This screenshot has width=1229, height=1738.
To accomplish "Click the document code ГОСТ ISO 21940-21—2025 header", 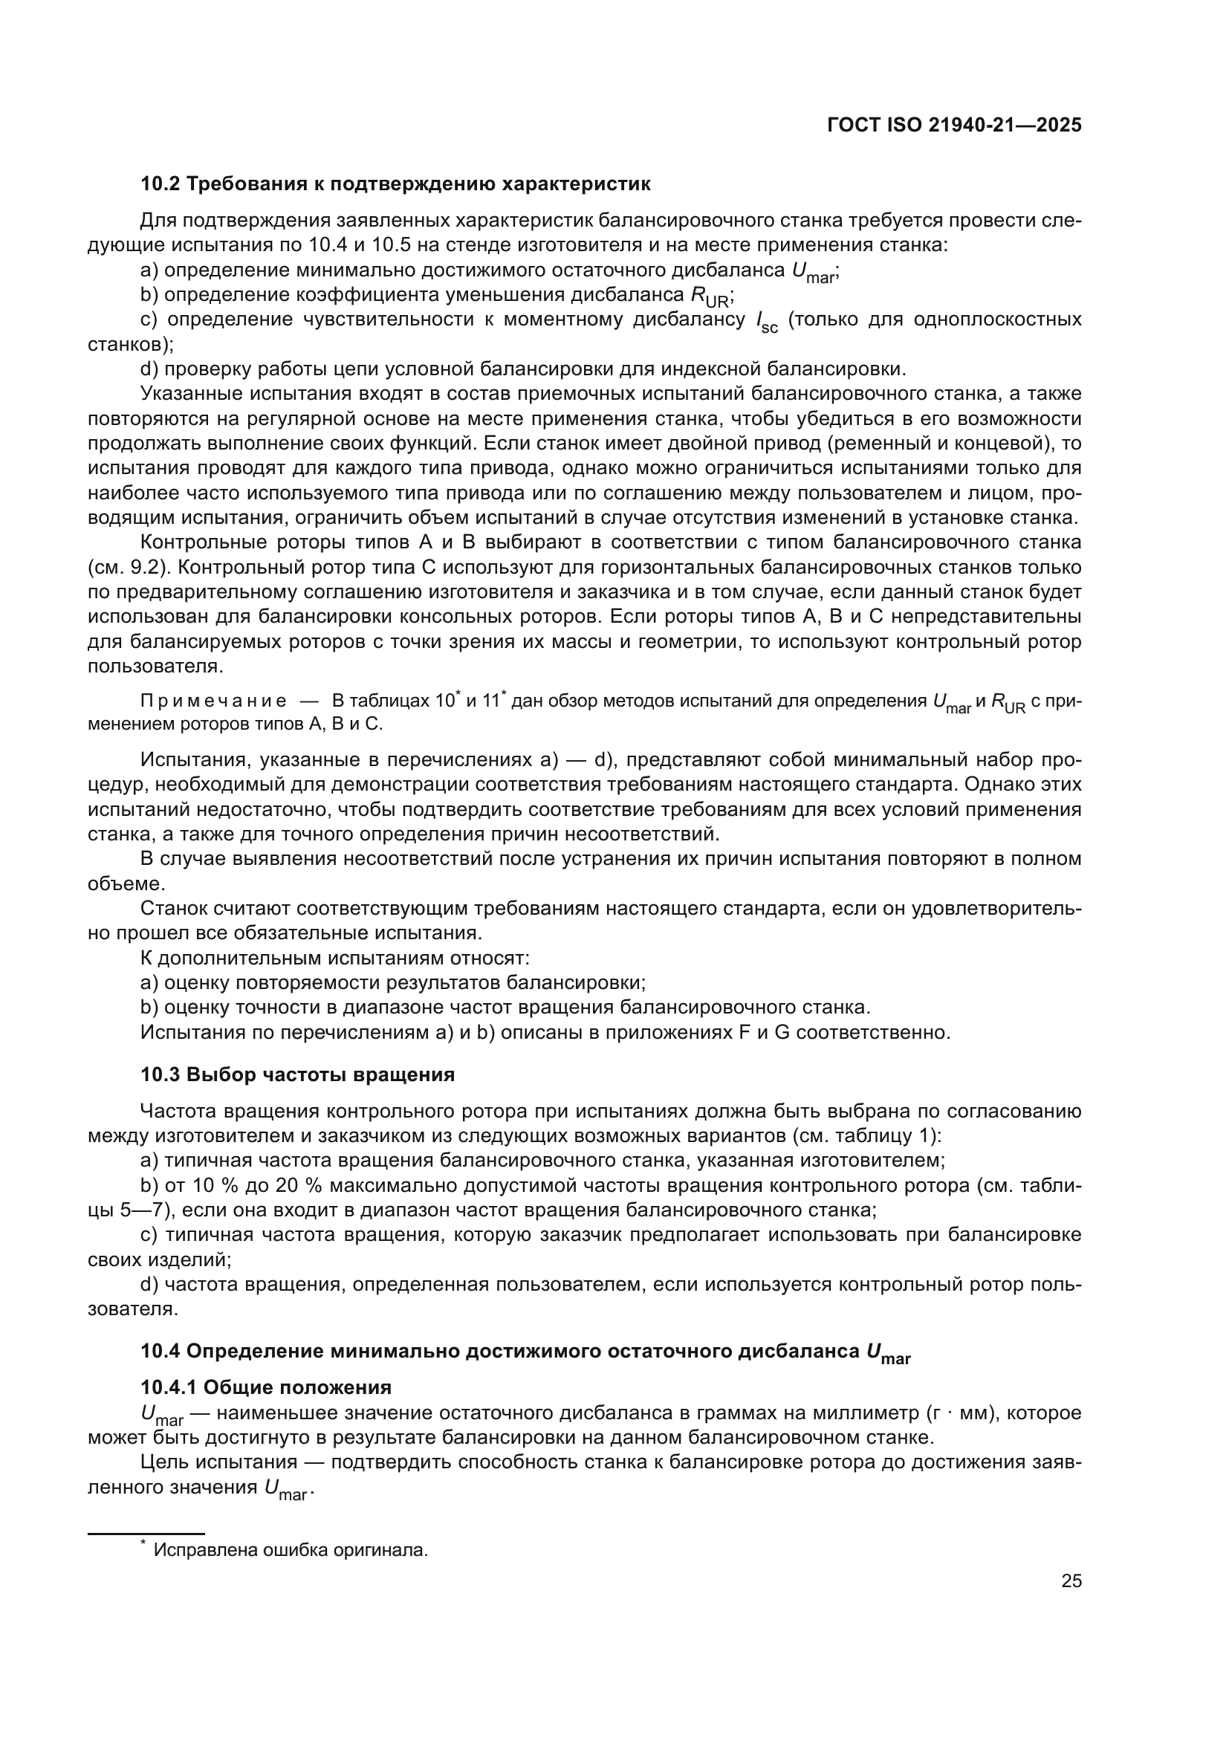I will click(x=954, y=126).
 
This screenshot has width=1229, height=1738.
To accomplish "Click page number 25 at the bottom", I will click(x=1071, y=1581).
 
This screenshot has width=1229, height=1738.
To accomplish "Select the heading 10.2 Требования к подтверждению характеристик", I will click(x=395, y=184).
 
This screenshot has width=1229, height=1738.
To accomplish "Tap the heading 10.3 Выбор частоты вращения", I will click(x=297, y=1075).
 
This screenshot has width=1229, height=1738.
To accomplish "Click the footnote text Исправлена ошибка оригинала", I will click(x=291, y=1544).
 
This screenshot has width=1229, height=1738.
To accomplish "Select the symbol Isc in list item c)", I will click(x=767, y=322).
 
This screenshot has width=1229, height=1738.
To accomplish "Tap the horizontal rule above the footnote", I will click(x=146, y=1527).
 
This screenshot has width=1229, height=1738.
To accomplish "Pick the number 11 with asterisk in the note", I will click(x=493, y=700).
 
